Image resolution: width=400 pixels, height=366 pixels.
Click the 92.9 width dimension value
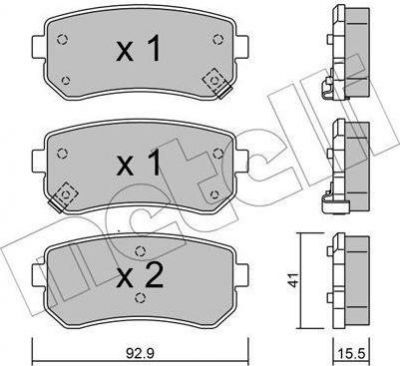pos(140,352)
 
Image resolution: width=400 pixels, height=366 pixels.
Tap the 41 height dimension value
pos(294,280)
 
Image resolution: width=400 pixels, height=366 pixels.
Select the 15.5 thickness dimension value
pos(352,353)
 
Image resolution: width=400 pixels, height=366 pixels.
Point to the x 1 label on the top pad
pos(138,49)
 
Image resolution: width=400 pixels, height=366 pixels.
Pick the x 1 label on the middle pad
pos(138,162)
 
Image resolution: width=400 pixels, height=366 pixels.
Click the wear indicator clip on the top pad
pos(217,83)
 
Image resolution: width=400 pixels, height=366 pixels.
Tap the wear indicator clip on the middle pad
pos(64,197)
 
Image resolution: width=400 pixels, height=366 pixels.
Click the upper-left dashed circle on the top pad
pos(62,40)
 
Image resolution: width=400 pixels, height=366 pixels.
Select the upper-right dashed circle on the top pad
pos(218,40)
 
